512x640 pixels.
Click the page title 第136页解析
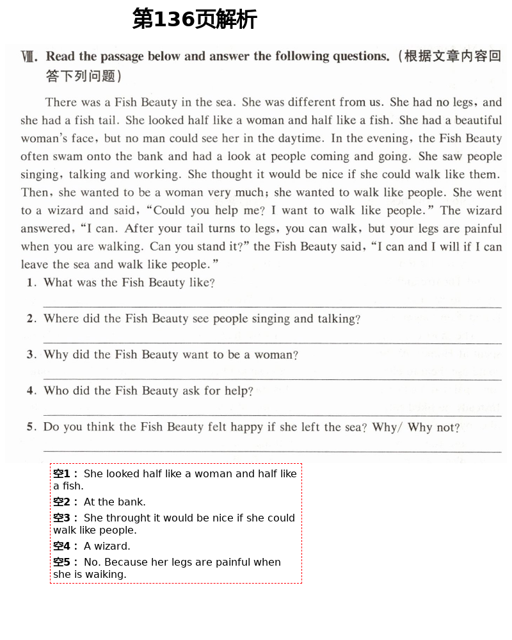(x=194, y=19)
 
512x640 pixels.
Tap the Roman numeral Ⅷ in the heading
(x=29, y=57)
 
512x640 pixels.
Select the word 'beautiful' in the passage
(x=473, y=120)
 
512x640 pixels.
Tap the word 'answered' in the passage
(x=45, y=229)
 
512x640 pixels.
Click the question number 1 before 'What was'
(x=30, y=283)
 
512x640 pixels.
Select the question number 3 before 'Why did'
(x=30, y=355)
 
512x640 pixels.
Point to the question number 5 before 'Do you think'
(x=30, y=427)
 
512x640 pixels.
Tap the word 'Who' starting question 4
(x=56, y=391)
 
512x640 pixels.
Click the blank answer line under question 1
(x=272, y=307)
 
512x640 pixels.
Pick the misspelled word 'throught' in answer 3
(x=127, y=518)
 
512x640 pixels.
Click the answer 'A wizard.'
(x=107, y=546)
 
